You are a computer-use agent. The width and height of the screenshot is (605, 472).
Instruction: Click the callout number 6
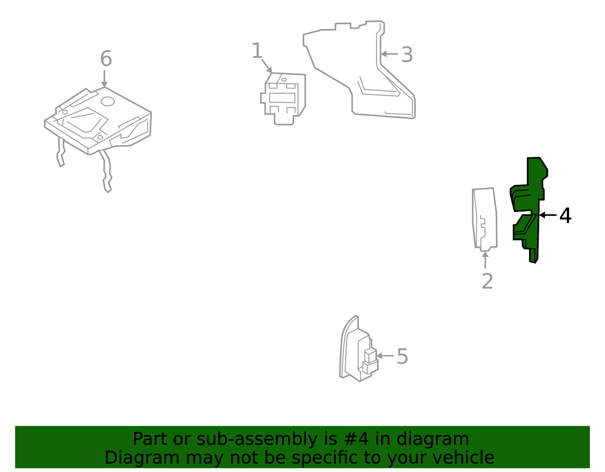click(x=106, y=59)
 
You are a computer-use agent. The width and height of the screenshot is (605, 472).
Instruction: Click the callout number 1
click(x=257, y=50)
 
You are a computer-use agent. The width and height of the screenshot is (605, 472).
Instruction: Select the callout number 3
click(x=407, y=54)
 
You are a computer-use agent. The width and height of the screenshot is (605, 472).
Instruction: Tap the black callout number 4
click(x=565, y=215)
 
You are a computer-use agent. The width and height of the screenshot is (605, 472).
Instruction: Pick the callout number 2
click(x=487, y=281)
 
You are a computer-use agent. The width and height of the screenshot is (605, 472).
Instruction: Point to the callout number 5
click(x=402, y=356)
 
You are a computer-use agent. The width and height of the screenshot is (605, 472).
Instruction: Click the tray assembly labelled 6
click(x=98, y=131)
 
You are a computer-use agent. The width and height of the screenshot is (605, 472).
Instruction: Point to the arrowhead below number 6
click(x=104, y=84)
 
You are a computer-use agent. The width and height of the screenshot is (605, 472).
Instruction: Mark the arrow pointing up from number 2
click(x=485, y=260)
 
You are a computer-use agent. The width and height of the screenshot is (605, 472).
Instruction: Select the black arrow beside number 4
click(x=548, y=215)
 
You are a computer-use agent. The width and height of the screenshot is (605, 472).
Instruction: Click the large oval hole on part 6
click(x=108, y=101)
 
